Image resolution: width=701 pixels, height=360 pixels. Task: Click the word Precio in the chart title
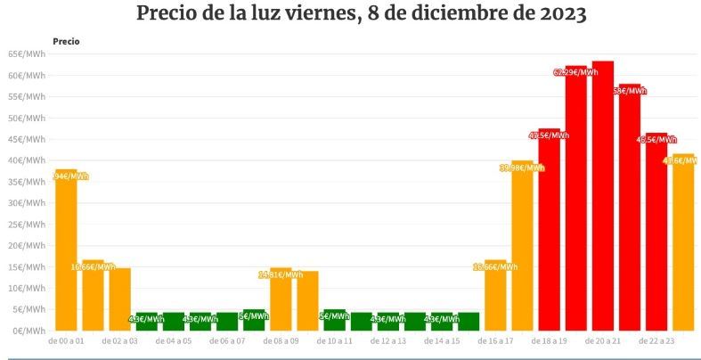pyautogui.click(x=170, y=15)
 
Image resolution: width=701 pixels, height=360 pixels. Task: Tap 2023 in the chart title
pyautogui.click(x=558, y=15)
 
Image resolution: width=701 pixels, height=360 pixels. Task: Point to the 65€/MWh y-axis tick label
pyautogui.click(x=27, y=54)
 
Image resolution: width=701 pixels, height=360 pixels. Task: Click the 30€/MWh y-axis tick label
pyautogui.click(x=27, y=203)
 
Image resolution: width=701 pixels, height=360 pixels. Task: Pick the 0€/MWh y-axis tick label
pyautogui.click(x=29, y=331)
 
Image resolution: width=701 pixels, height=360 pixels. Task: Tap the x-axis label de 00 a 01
pyautogui.click(x=66, y=341)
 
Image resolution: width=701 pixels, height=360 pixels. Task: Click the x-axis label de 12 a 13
pyautogui.click(x=388, y=341)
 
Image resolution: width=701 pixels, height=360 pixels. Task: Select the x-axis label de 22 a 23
pyautogui.click(x=656, y=341)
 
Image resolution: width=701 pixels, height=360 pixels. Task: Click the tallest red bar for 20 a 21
pyautogui.click(x=603, y=196)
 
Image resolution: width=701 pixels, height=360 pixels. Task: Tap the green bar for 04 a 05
pyautogui.click(x=174, y=322)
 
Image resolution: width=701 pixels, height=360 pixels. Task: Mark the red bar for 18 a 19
pyautogui.click(x=550, y=232)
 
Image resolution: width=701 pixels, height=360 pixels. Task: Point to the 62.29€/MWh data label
pyautogui.click(x=575, y=72)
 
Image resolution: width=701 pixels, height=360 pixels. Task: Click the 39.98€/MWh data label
pyautogui.click(x=522, y=168)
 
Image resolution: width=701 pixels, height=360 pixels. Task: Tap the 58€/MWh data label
pyautogui.click(x=630, y=91)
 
